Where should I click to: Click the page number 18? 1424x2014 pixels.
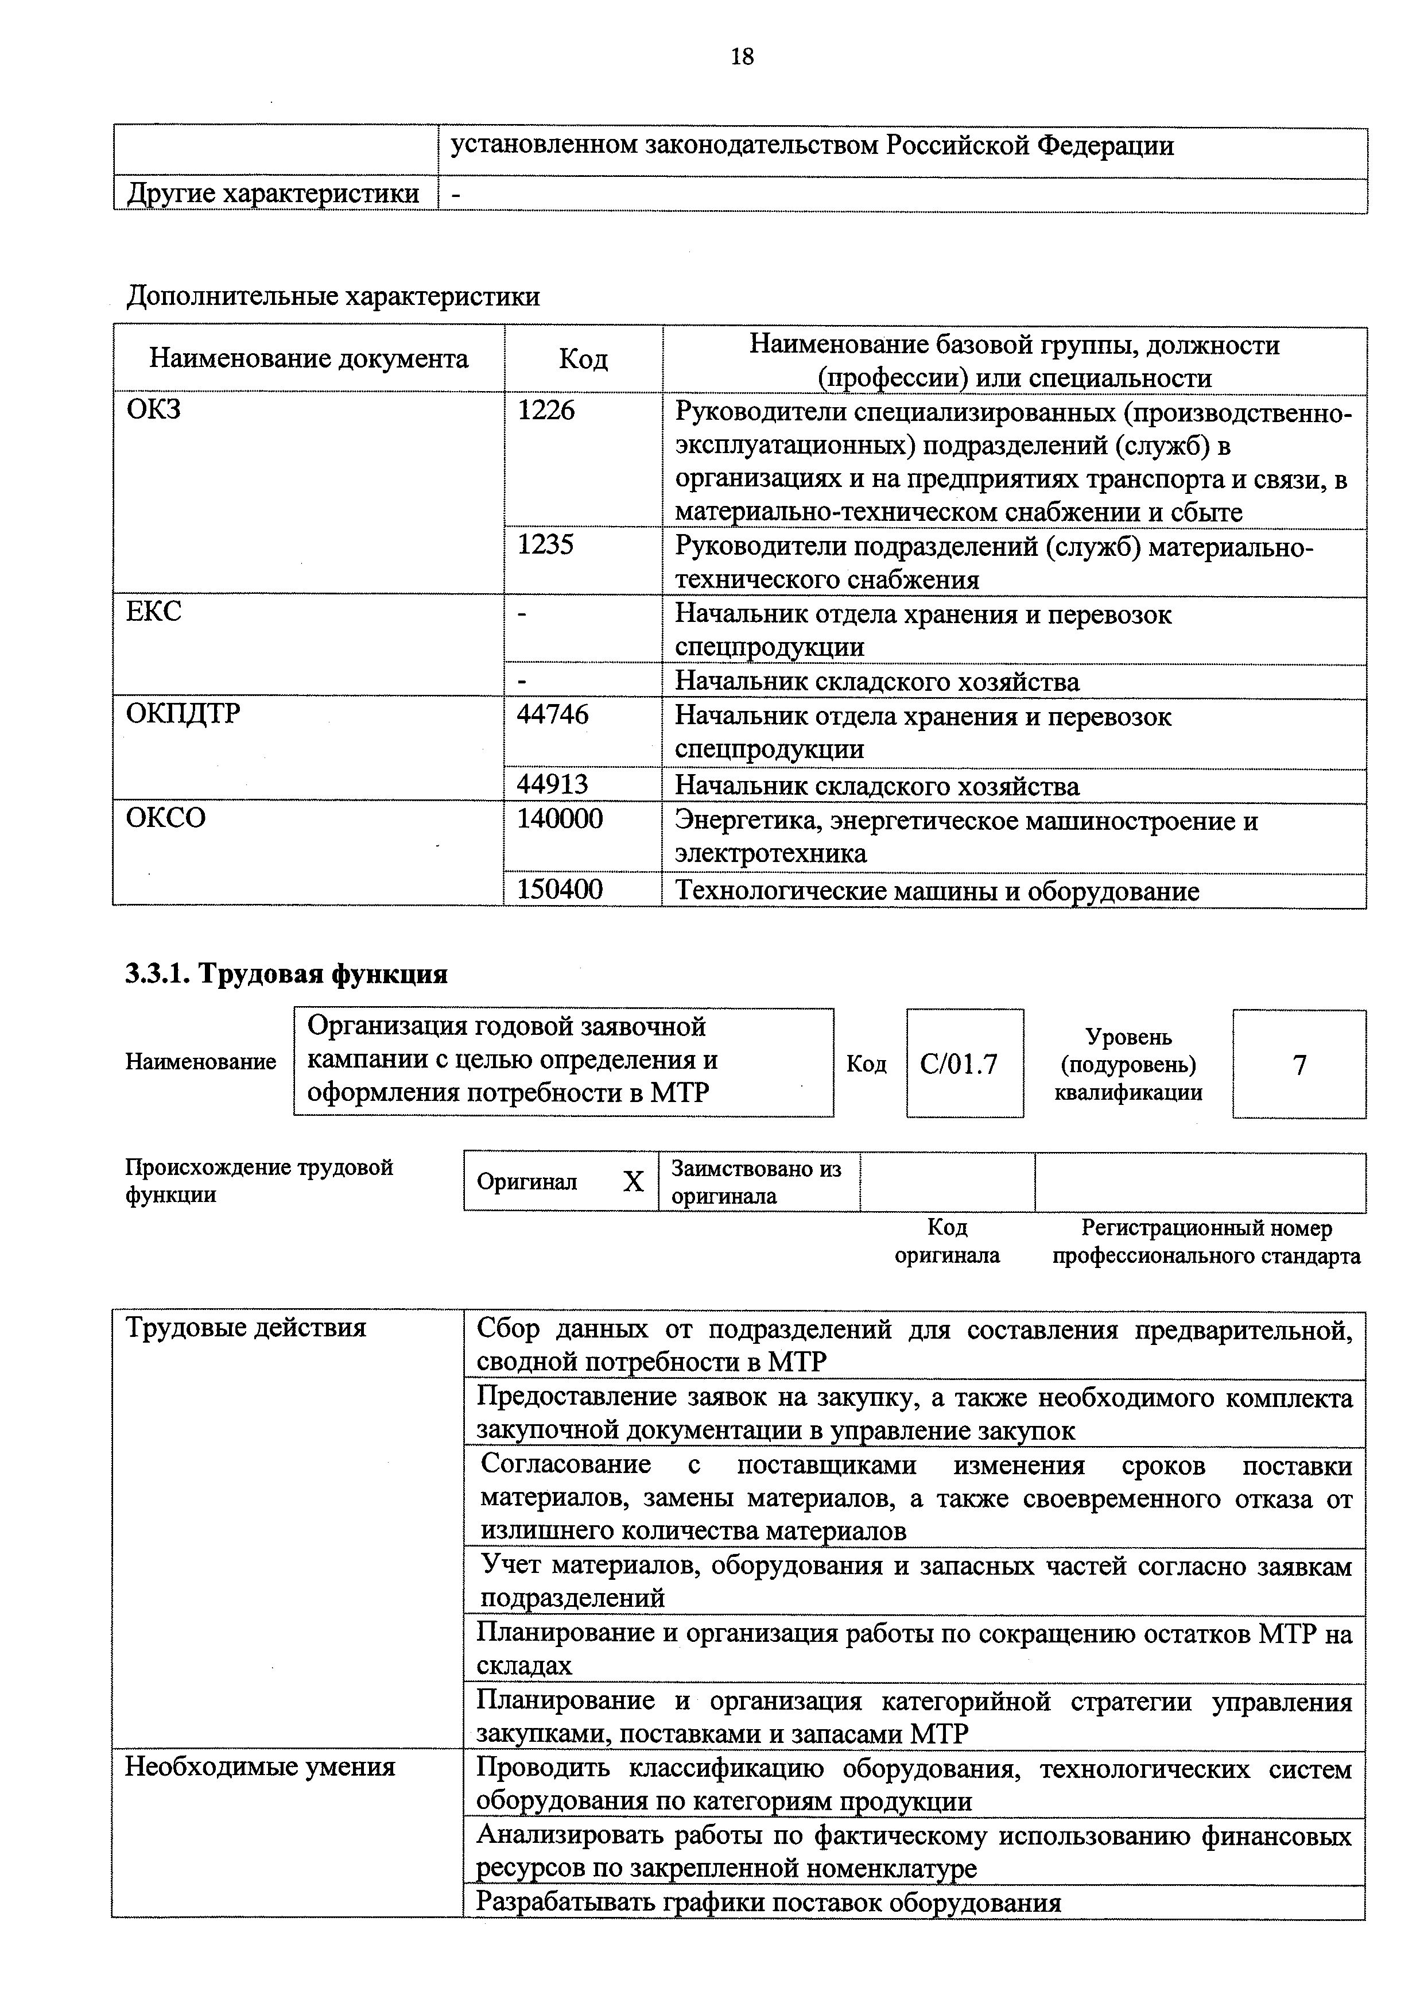click(x=741, y=57)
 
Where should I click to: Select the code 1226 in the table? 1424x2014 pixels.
click(x=546, y=409)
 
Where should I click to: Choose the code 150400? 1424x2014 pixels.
click(x=560, y=890)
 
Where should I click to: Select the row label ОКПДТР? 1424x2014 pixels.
click(x=183, y=714)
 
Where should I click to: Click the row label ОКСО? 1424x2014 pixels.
click(x=166, y=818)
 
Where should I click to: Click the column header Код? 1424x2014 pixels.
click(x=583, y=359)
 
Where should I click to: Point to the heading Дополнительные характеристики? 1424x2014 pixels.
click(x=333, y=296)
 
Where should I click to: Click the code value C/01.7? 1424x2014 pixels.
click(x=959, y=1064)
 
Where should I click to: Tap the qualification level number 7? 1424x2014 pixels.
click(x=1299, y=1065)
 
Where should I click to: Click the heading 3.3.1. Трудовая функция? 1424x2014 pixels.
click(x=287, y=973)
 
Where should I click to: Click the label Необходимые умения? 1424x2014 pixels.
click(x=261, y=1766)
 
